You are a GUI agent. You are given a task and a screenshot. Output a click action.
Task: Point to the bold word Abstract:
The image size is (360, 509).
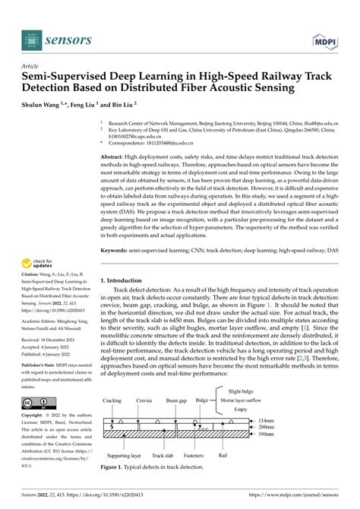[115, 154]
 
